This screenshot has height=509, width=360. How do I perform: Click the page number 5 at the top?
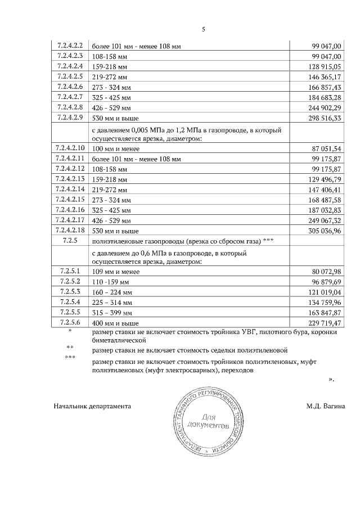204,30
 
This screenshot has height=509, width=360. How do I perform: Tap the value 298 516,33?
322,118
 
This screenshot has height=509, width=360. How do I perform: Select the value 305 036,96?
322,231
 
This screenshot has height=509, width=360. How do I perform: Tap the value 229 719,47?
322,323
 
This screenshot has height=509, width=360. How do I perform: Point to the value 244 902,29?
322,107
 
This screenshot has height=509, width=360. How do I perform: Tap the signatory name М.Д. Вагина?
326,406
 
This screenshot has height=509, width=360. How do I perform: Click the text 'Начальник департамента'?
92,406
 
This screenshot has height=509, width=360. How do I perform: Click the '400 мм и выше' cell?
115,323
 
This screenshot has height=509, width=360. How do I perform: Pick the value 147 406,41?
322,190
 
